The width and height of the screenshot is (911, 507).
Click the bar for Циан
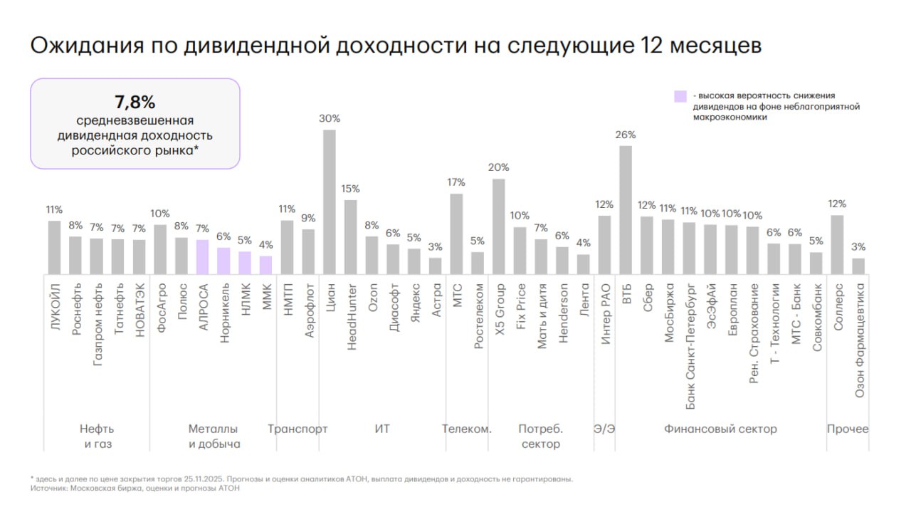pos(330,202)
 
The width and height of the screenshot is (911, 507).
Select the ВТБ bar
pos(626,210)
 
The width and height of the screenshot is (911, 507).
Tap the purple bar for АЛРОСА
pos(202,256)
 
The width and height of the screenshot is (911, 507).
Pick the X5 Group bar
pos(499,226)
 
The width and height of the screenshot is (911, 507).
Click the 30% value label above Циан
pos(330,119)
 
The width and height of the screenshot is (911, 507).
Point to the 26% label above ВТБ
pos(626,135)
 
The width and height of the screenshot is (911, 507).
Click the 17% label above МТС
pos(456,182)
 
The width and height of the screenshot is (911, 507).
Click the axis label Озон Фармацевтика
pos(859,339)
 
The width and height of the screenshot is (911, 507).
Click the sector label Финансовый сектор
pos(720,429)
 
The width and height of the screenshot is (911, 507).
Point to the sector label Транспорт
pos(297,429)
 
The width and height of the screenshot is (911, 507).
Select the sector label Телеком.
pos(467,429)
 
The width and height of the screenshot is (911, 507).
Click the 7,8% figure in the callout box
pos(135,101)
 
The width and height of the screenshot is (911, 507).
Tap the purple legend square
pos(680,96)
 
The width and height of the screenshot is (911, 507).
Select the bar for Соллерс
pos(838,244)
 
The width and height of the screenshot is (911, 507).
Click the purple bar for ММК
pos(265,265)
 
